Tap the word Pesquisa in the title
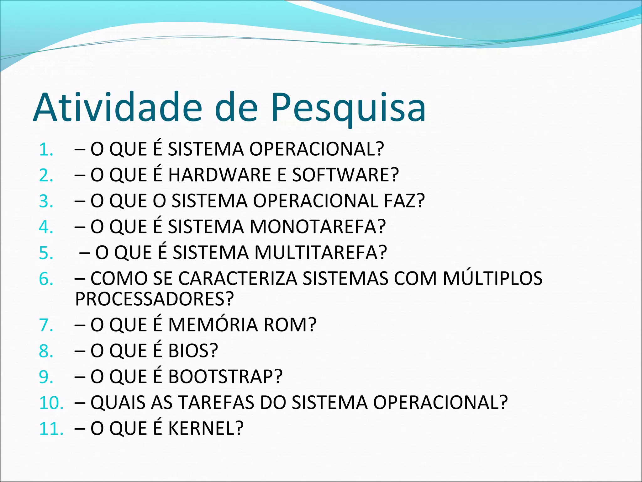[x=348, y=107]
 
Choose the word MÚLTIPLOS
[x=492, y=279]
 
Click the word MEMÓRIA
[x=213, y=325]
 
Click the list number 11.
[x=51, y=429]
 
